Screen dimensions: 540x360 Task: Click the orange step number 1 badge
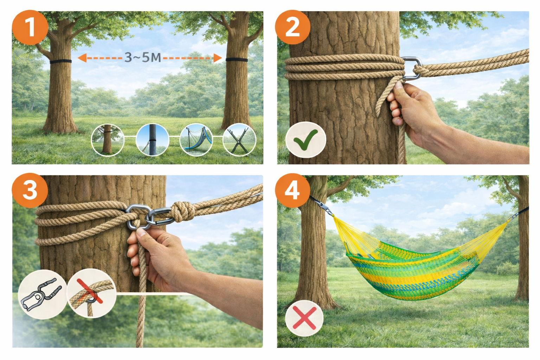(30, 27)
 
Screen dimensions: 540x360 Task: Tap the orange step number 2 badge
(292, 27)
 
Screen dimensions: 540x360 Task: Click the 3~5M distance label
(143, 58)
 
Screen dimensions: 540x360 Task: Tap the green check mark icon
(306, 140)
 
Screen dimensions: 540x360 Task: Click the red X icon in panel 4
(304, 318)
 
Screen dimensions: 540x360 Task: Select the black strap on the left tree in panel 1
(61, 61)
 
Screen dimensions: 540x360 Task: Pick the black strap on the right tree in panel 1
(237, 60)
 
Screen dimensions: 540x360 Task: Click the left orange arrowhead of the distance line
(82, 58)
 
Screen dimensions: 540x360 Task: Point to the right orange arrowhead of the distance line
(218, 58)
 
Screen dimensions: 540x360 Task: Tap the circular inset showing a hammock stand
(196, 140)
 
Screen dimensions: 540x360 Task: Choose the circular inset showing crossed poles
(239, 140)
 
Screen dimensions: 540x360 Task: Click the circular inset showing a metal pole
(152, 140)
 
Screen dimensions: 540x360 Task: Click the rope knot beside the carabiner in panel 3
(182, 212)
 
